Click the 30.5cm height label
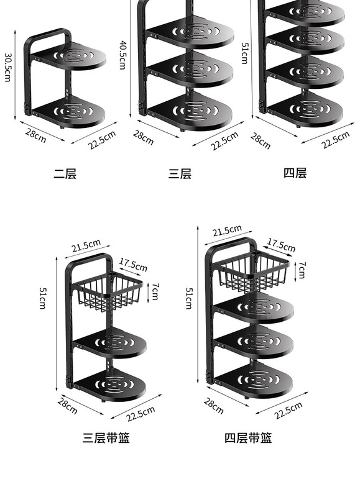pos(8,67)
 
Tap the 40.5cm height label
pos(122,55)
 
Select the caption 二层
pos(65,174)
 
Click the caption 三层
pos(180,174)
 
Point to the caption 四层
pos(295,173)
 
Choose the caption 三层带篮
pos(106,438)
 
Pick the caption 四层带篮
pos(248,438)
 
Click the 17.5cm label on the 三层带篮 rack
pos(134,265)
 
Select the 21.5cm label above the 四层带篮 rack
pos(227,230)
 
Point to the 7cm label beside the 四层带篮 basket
pos(302,270)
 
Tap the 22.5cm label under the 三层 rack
pos(224,140)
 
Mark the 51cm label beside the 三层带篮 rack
pos(42,298)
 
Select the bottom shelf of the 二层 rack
pos(68,112)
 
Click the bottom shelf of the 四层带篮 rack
pos(253,380)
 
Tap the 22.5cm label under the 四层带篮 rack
pos(288,410)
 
